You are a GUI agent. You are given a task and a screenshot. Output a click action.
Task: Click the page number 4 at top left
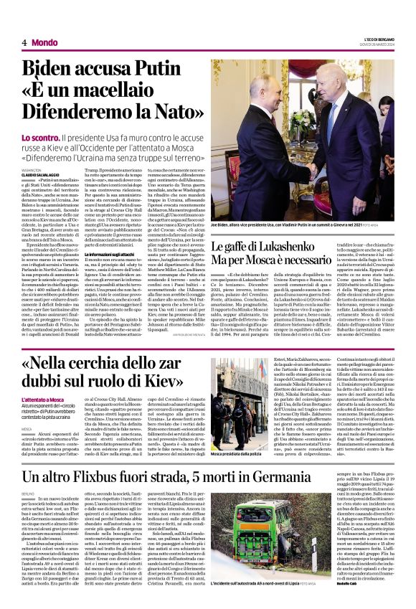24,42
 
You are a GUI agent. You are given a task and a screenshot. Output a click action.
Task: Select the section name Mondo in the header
44,42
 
